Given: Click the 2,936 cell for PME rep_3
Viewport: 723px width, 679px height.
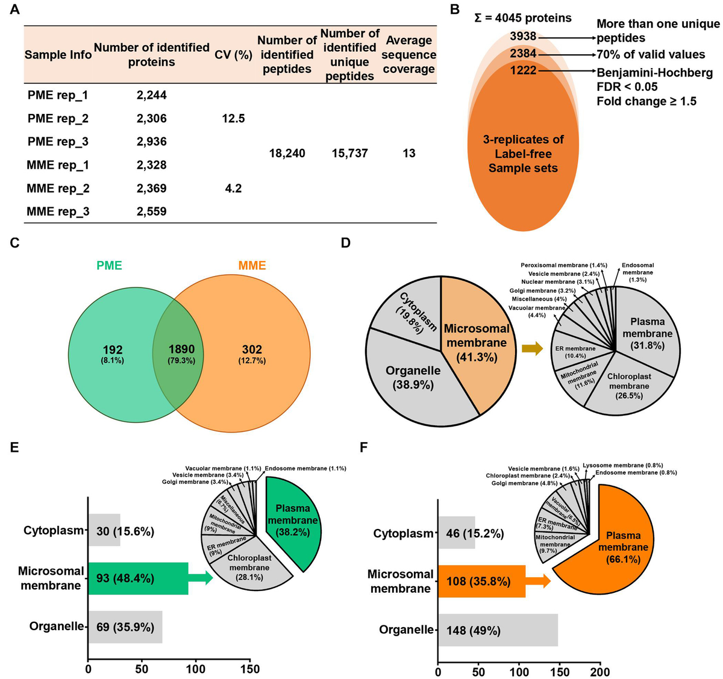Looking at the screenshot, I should pos(151,142).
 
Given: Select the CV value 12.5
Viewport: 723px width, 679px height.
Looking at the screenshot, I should pos(233,118).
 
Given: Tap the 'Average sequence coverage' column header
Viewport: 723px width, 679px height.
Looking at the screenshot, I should pos(409,54).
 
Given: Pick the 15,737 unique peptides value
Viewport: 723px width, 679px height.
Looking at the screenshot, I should pos(349,153).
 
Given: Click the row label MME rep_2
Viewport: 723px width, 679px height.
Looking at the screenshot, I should pos(58,188).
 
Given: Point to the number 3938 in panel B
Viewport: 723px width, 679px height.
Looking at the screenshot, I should pos(522,36).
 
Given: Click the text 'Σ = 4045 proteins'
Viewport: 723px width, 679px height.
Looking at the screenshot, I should pos(523,17).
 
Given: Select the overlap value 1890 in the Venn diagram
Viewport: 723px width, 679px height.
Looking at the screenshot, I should pos(181,350).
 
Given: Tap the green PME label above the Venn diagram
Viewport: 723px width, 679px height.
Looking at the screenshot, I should pos(109,266).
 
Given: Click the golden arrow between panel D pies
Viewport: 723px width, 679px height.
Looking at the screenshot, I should pos(531,349).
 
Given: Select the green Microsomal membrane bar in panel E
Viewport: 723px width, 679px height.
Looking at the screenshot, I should pos(138,578).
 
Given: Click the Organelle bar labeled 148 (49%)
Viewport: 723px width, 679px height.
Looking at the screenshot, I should pos(498,630).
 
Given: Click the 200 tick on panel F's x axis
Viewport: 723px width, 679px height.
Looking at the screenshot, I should pos(599,672).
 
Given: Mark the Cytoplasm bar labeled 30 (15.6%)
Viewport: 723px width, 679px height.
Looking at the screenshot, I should pos(104,531).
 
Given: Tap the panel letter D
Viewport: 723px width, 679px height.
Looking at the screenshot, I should pos(345,243).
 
